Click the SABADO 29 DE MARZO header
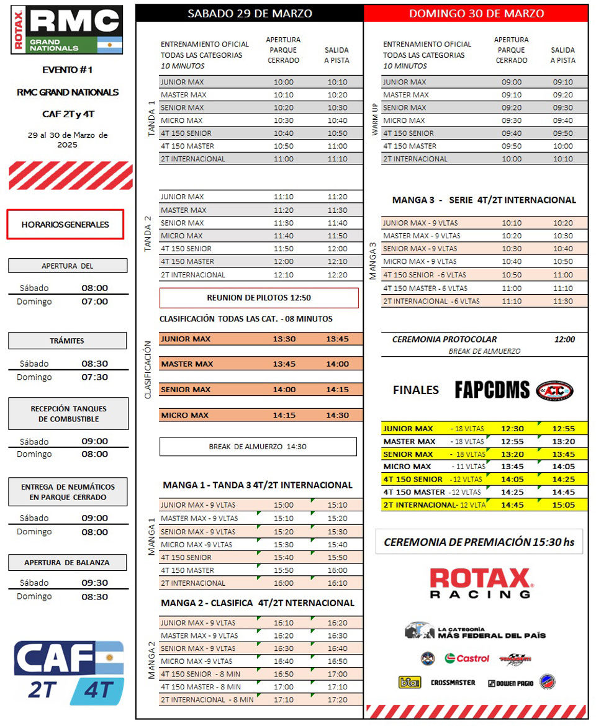pyautogui.click(x=250, y=14)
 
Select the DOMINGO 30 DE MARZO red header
pyautogui.click(x=476, y=14)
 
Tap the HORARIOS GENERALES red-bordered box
pyautogui.click(x=65, y=225)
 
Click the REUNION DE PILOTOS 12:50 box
pyautogui.click(x=259, y=298)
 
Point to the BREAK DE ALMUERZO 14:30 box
pyautogui.click(x=258, y=447)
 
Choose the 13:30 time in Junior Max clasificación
pyautogui.click(x=284, y=339)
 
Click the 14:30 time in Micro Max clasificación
pyautogui.click(x=338, y=415)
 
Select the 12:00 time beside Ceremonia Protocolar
pyautogui.click(x=564, y=339)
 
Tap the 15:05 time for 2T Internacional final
pyautogui.click(x=564, y=504)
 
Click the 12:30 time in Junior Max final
pyautogui.click(x=512, y=429)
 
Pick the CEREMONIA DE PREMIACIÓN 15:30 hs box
pyautogui.click(x=479, y=542)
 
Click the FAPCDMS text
pyautogui.click(x=492, y=390)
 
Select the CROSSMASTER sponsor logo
pyautogui.click(x=453, y=683)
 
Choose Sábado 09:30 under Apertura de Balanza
pyautogui.click(x=94, y=583)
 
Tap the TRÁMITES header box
pyautogui.click(x=68, y=341)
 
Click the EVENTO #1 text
pyautogui.click(x=68, y=70)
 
